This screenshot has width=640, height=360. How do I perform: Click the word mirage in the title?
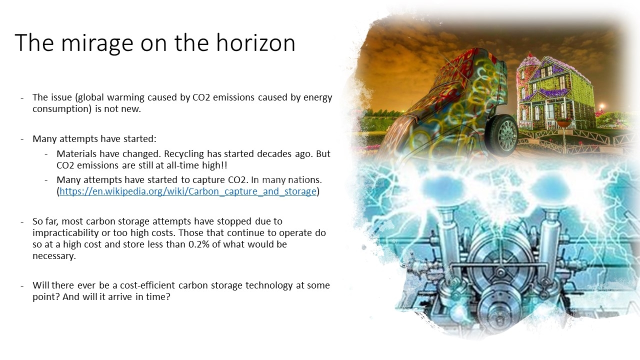pyautogui.click(x=97, y=43)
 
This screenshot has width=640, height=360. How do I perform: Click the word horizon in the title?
pyautogui.click(x=255, y=42)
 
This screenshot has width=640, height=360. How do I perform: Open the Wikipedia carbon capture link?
pyautogui.click(x=188, y=191)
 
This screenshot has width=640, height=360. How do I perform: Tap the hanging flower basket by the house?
pyautogui.click(x=564, y=123)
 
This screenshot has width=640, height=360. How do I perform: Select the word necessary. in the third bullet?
pyautogui.click(x=54, y=256)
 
